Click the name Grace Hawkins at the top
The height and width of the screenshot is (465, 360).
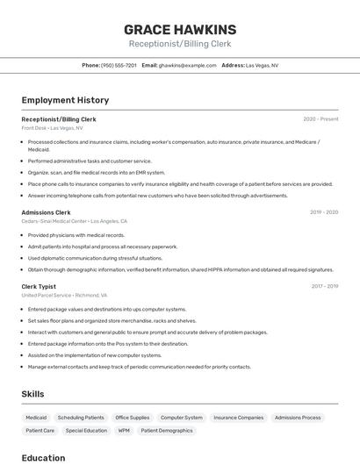[180, 30]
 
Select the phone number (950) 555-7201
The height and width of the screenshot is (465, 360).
[119, 65]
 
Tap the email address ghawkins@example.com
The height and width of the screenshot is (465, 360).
[187, 65]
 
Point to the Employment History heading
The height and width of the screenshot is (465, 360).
[65, 101]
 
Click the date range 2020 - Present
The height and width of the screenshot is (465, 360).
[320, 119]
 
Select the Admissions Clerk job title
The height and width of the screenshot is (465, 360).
[46, 212]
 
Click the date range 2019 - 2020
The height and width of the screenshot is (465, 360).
[324, 212]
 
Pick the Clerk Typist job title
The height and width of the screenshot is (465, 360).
[39, 286]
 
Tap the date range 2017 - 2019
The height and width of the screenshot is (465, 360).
[325, 286]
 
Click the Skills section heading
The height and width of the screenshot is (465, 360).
[32, 394]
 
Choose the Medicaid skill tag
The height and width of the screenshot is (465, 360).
[36, 418]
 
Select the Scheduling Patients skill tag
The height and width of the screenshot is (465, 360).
[81, 418]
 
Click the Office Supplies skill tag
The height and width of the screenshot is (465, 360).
[133, 418]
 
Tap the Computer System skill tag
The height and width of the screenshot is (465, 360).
[182, 418]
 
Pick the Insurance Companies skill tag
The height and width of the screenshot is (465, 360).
[238, 418]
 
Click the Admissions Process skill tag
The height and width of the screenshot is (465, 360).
[298, 418]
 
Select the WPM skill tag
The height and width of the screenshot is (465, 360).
[124, 431]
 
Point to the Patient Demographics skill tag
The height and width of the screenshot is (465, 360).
[167, 431]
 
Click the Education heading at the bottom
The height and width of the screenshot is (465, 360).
[43, 458]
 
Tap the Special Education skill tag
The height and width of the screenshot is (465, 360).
[86, 431]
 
